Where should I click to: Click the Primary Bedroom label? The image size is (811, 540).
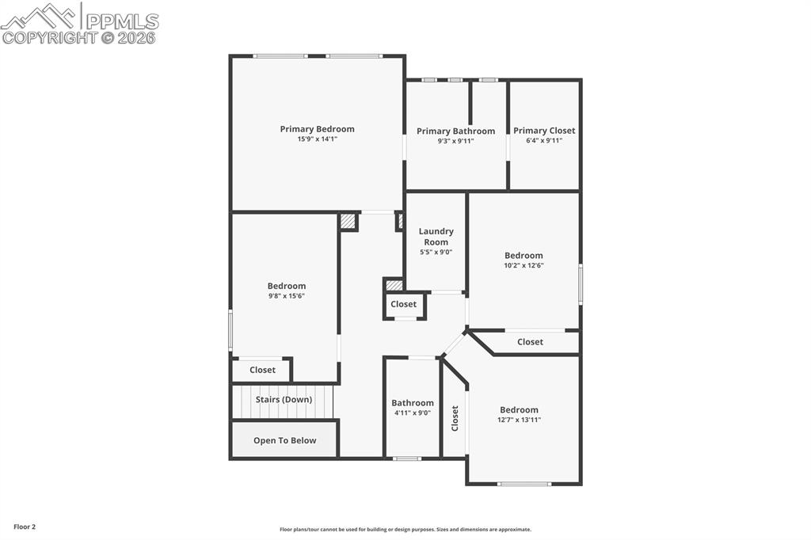pyautogui.click(x=317, y=129)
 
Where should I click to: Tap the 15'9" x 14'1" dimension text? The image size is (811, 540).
pyautogui.click(x=317, y=139)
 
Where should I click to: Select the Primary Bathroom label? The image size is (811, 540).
pyautogui.click(x=455, y=131)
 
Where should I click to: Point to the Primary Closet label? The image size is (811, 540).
pyautogui.click(x=544, y=131)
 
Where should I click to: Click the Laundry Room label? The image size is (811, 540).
pyautogui.click(x=436, y=237)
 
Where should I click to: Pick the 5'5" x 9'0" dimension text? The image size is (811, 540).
pyautogui.click(x=436, y=253)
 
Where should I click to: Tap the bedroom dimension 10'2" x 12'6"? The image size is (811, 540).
pyautogui.click(x=524, y=266)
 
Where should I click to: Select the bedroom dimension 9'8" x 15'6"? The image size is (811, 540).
pyautogui.click(x=286, y=296)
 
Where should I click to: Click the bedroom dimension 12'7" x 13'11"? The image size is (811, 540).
pyautogui.click(x=519, y=420)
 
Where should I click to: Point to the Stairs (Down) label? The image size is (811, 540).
pyautogui.click(x=284, y=400)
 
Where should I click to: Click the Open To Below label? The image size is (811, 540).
pyautogui.click(x=284, y=440)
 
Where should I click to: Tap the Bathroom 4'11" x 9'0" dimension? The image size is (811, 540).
pyautogui.click(x=412, y=413)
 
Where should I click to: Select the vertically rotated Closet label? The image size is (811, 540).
pyautogui.click(x=455, y=417)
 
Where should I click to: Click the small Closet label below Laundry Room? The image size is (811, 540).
pyautogui.click(x=403, y=304)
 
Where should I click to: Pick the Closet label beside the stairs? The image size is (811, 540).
pyautogui.click(x=262, y=370)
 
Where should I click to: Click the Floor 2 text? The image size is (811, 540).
pyautogui.click(x=24, y=527)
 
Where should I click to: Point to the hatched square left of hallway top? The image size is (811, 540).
pyautogui.click(x=348, y=222)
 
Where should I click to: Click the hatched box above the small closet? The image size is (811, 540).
pyautogui.click(x=394, y=285)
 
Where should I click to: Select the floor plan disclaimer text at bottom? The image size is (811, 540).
pyautogui.click(x=405, y=530)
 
